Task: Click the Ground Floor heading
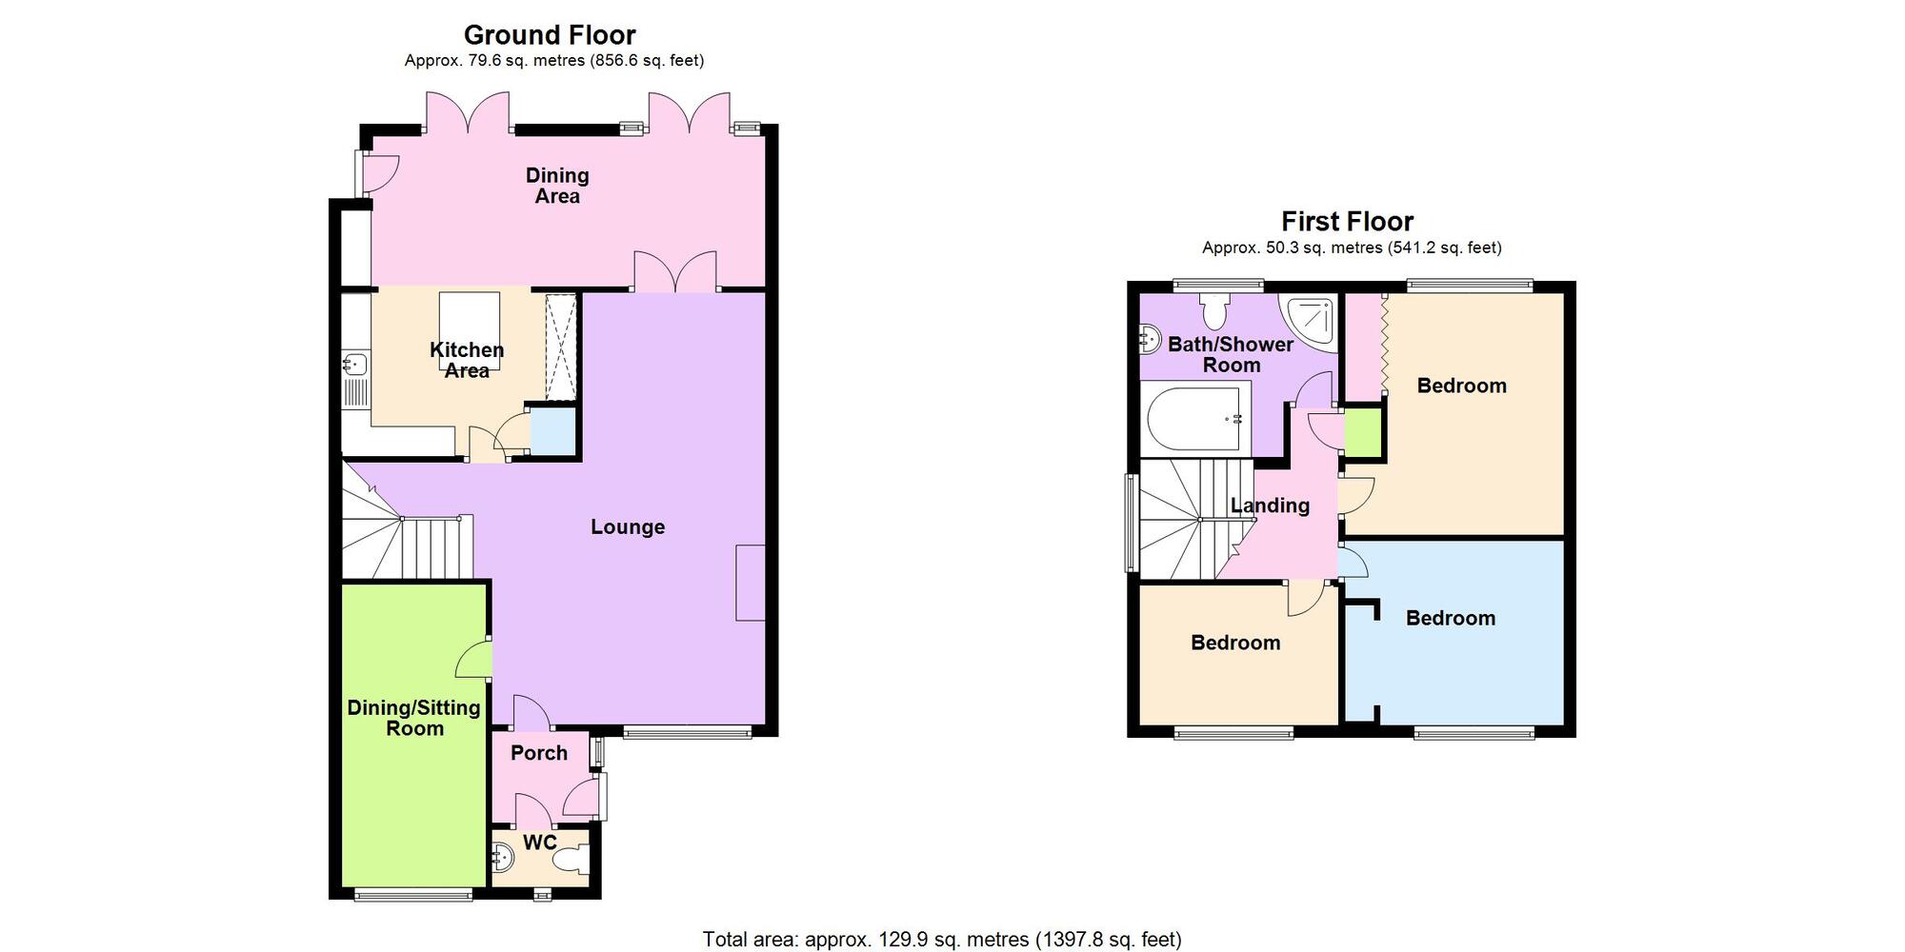tap(550, 35)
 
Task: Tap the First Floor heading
tap(1347, 222)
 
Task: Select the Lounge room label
tap(627, 527)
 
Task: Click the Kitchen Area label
tap(466, 360)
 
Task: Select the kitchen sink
tap(355, 364)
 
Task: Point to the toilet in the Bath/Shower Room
tap(1214, 310)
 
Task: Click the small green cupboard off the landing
tap(1363, 431)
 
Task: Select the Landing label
tap(1270, 506)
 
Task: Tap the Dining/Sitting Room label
tap(413, 718)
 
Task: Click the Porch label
tap(538, 753)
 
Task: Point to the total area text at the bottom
tap(941, 940)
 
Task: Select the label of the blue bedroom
tap(1450, 619)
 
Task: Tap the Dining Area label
tap(557, 186)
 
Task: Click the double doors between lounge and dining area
tap(675, 273)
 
